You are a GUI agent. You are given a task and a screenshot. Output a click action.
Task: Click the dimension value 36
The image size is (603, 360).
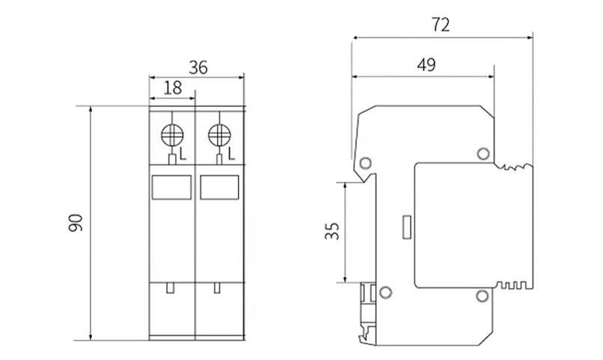click(198, 67)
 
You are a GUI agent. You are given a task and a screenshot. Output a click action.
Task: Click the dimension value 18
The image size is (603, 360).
click(172, 87)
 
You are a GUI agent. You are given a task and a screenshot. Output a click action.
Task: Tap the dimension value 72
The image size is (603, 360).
click(441, 25)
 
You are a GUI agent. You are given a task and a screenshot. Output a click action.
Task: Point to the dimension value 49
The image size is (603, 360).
click(426, 65)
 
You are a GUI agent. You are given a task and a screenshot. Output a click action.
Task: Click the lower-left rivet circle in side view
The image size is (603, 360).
click(386, 292)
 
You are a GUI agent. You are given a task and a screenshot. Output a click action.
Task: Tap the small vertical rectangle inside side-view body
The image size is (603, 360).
click(407, 228)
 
